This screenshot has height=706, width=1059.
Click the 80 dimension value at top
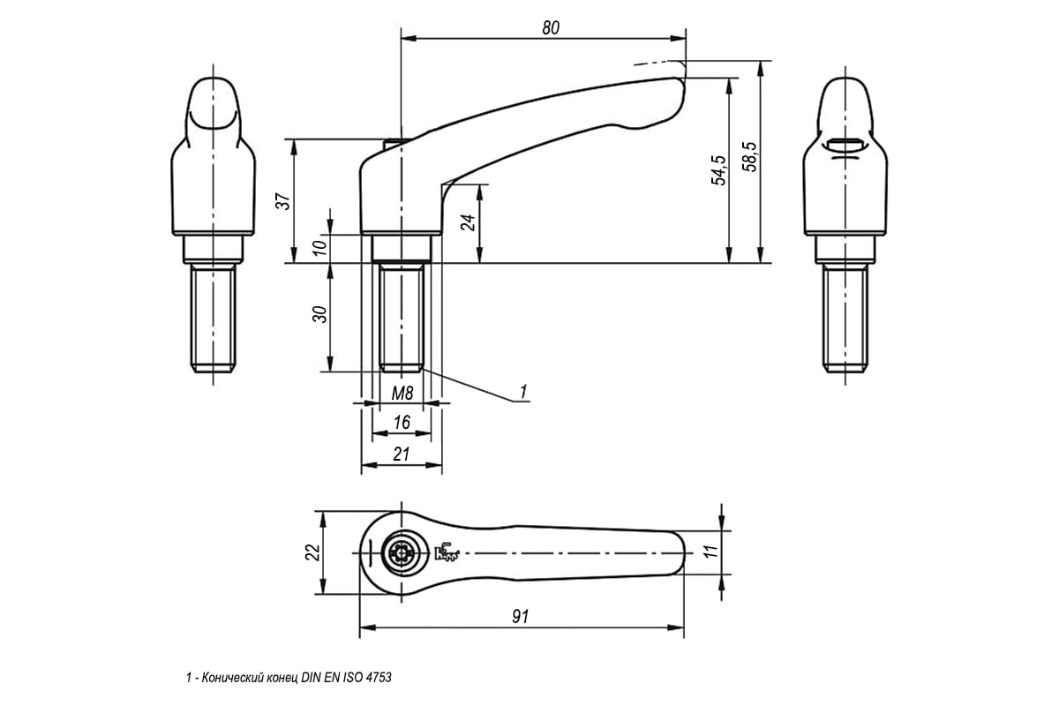[x=551, y=28]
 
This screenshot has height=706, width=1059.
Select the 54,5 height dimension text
[x=719, y=169]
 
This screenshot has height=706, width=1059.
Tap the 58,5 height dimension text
[x=750, y=156]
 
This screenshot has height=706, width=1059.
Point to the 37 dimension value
[x=282, y=201]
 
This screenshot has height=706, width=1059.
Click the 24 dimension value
[x=468, y=222]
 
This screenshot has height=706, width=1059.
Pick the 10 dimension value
[x=320, y=247]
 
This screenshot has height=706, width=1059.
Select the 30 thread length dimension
[x=320, y=314]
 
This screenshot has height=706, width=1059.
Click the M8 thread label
[x=402, y=394]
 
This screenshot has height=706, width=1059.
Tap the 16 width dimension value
[x=402, y=422]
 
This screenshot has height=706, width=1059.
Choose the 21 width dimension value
[x=402, y=454]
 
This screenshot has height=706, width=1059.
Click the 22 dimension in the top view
[x=312, y=552]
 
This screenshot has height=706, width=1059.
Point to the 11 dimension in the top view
[x=711, y=552]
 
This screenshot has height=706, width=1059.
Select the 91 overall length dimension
[x=521, y=617]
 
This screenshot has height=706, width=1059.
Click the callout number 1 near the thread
[x=522, y=392]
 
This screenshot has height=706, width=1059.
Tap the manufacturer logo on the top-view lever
[x=447, y=552]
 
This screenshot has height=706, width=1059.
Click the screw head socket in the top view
[x=402, y=552]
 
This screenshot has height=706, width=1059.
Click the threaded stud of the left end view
[x=214, y=318]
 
